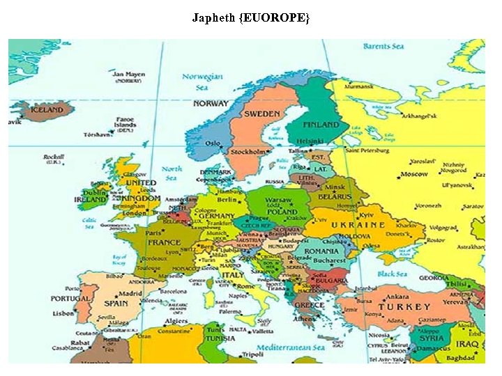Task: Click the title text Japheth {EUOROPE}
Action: point(250,18)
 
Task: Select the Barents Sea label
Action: point(383,47)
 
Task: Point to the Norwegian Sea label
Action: point(202,82)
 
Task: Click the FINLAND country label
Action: point(320,125)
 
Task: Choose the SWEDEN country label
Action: point(261,113)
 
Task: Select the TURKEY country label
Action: point(404,307)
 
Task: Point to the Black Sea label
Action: point(392,274)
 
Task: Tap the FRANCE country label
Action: point(163,242)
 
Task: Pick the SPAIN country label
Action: point(116,303)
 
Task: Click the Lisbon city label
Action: point(82,313)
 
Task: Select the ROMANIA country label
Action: point(321,251)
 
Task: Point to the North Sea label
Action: point(172,173)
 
